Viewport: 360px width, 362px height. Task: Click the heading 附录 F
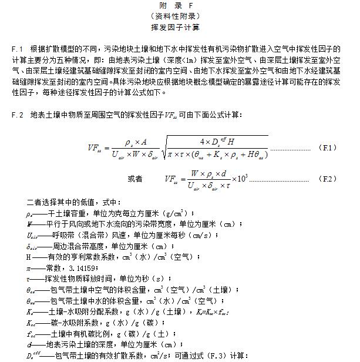coord(180,5)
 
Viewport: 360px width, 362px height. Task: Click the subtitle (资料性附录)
coord(180,16)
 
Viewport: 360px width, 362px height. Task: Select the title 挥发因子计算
coord(180,27)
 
